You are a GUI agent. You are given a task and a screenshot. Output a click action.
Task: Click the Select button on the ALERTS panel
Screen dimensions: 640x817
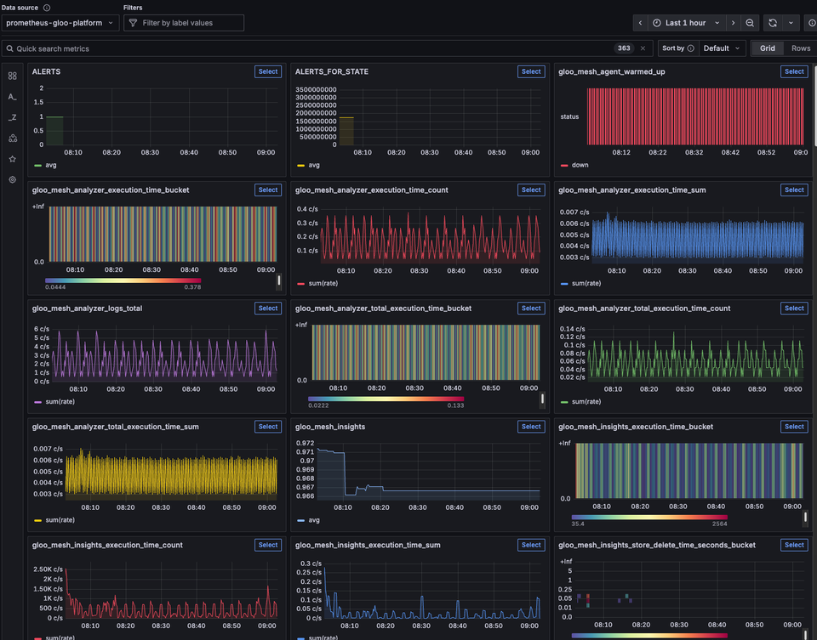(x=267, y=72)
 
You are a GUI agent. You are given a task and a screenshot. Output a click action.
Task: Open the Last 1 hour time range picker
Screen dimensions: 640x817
(x=686, y=23)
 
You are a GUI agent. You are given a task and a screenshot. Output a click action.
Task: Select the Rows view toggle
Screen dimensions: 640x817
(x=801, y=48)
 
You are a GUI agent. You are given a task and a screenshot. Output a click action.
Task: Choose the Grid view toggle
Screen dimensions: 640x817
(x=768, y=48)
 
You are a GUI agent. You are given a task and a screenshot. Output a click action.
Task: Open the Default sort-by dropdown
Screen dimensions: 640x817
(x=722, y=48)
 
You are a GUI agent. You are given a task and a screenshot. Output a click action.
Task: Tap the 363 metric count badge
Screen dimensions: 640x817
(x=624, y=48)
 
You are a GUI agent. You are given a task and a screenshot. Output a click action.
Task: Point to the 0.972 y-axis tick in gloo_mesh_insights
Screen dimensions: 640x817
(x=306, y=443)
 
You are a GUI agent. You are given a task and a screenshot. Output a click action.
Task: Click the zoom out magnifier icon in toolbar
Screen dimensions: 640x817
(x=750, y=23)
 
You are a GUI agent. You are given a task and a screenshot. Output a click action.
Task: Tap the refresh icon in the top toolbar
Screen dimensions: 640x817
(x=773, y=23)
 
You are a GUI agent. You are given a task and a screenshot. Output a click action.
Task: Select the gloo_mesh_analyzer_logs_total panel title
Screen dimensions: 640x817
(x=87, y=309)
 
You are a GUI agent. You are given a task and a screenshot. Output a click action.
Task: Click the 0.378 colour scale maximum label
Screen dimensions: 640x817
(x=193, y=287)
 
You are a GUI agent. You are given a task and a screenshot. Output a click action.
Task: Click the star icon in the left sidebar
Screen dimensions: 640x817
(x=12, y=159)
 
